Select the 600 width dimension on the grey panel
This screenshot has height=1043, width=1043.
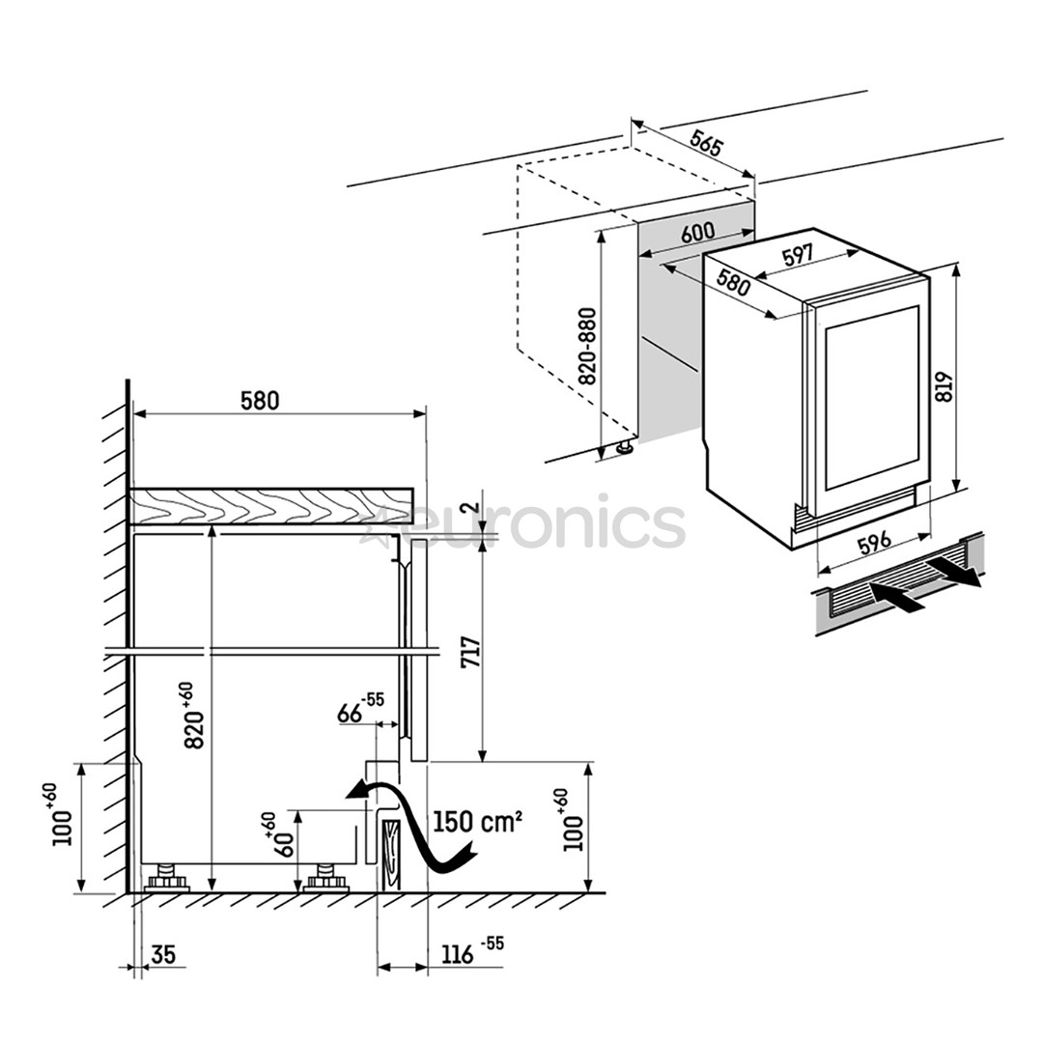(697, 233)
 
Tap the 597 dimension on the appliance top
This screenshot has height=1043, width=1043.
(798, 256)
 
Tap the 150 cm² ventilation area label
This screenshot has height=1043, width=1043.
(477, 822)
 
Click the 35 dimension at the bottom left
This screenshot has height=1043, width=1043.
(164, 955)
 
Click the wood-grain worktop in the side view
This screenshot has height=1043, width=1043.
(270, 506)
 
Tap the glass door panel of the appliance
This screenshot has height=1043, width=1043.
(872, 396)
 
